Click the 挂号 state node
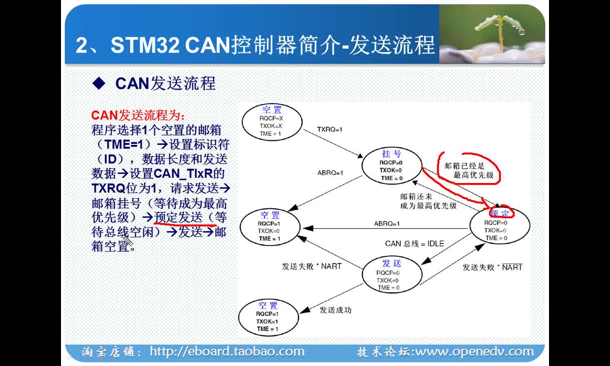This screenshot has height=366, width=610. coord(392,166)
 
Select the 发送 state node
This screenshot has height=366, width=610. coord(392,274)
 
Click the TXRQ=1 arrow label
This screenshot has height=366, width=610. coord(329,129)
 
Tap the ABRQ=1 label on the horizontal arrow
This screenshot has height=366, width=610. coord(387,224)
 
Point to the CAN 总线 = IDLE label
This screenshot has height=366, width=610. coord(414,243)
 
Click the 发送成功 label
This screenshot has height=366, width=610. coord(335,310)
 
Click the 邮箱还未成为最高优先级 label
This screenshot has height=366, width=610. coord(429,201)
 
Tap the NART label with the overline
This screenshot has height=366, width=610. coord(512,267)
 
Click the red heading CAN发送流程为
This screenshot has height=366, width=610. coord(138,115)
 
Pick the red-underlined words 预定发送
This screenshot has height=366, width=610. coord(178,218)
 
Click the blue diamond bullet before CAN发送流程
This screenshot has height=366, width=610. coord(99,83)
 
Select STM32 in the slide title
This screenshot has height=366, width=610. coord(145,45)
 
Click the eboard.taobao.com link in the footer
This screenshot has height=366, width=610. coord(227,352)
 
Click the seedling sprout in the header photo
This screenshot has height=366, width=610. coord(501,30)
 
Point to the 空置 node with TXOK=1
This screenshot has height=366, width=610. coord(268,317)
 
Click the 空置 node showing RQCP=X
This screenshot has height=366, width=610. coord(272,121)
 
